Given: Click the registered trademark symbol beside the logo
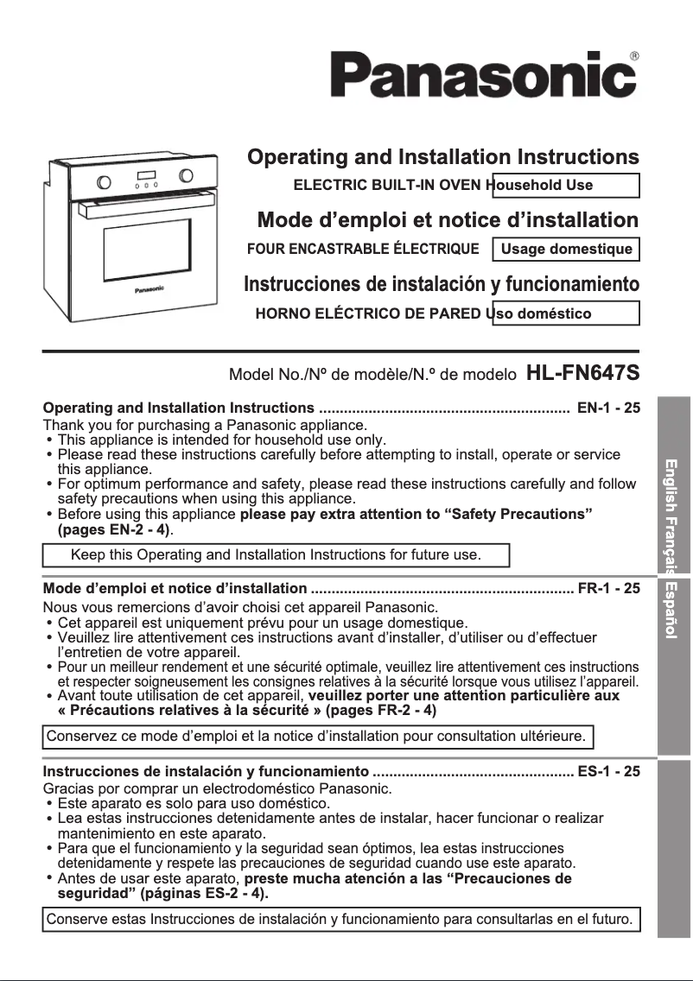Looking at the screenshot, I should coord(635,57).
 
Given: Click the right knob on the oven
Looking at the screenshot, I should coord(186,175).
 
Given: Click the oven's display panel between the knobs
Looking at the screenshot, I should coord(145,177).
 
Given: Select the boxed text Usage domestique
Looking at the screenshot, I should coord(566,250).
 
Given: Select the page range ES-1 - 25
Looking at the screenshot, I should coord(608,771).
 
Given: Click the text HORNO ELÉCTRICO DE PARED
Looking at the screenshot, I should coord(369,313).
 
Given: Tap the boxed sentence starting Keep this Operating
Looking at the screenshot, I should coord(276,554).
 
